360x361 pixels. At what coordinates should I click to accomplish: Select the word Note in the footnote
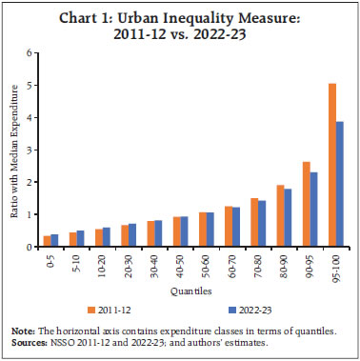(23, 330)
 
